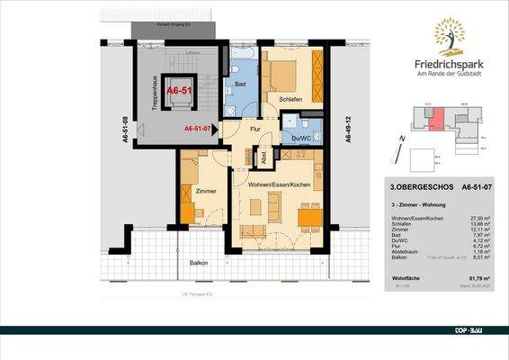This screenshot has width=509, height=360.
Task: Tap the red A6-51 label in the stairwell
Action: (178, 91)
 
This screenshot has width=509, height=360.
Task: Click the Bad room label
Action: (240, 85)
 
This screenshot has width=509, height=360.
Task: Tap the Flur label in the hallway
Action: (255, 130)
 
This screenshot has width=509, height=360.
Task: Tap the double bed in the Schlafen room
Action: (290, 72)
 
